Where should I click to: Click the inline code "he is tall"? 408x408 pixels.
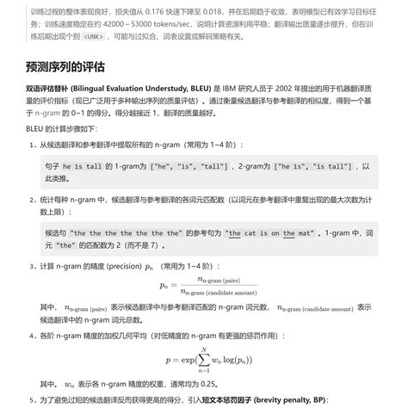click(89, 166)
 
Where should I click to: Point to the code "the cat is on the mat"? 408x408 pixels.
click(269, 233)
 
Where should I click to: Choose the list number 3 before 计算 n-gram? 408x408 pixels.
click(32, 267)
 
